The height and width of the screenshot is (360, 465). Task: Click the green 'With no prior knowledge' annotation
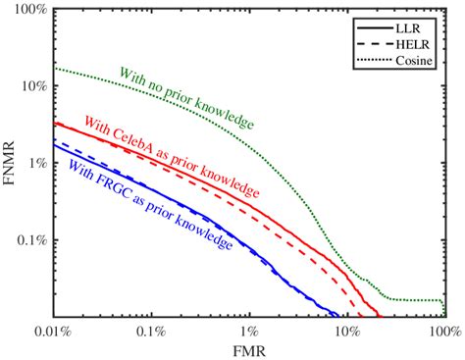[186, 98]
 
